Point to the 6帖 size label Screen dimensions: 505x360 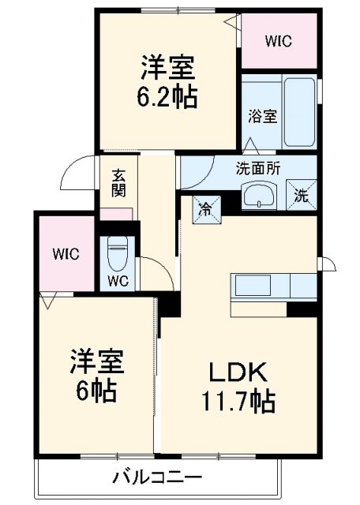tap(98, 388)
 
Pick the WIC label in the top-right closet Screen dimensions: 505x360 tap(277, 41)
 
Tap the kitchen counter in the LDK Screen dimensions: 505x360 tap(272, 286)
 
